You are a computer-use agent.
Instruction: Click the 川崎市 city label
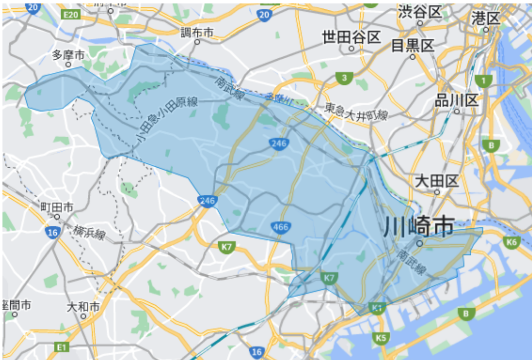[418, 227]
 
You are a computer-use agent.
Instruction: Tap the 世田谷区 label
[351, 37]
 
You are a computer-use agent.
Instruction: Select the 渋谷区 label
[420, 12]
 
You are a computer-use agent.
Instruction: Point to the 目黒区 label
[413, 46]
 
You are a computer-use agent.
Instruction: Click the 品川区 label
[456, 101]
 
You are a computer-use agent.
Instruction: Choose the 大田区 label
[437, 181]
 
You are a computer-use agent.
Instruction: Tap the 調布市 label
[196, 33]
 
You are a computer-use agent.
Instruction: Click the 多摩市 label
[68, 54]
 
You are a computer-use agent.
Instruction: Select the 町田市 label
[57, 207]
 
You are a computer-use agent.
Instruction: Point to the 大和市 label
[83, 306]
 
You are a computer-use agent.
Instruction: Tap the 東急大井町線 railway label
[356, 112]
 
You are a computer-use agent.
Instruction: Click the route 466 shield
[280, 227]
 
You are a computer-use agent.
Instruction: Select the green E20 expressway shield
[71, 15]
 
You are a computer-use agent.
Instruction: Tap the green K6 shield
[512, 242]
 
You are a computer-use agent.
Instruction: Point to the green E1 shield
[61, 348]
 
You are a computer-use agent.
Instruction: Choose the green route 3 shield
[344, 77]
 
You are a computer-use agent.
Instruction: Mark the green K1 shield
[378, 308]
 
